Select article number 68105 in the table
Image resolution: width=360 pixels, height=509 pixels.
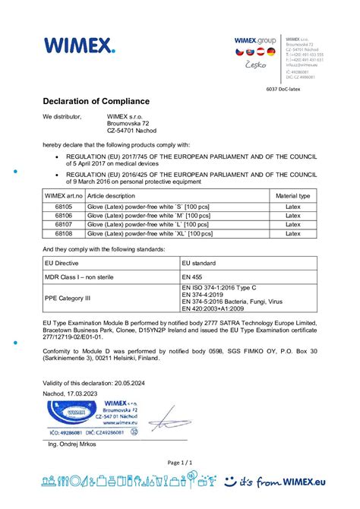tap(63, 207)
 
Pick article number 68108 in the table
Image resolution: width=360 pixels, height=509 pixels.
tap(63, 234)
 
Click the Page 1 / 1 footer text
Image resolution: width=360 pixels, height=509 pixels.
tap(179, 462)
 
